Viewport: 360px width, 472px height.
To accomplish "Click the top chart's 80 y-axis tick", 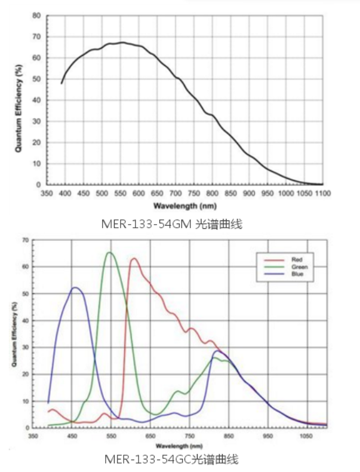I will pyautogui.click(x=36, y=16).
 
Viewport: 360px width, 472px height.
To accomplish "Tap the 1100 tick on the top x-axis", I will pyautogui.click(x=322, y=193).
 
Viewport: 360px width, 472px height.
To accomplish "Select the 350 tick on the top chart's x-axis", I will pyautogui.click(x=47, y=193).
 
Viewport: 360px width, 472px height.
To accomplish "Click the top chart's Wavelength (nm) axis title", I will pyautogui.click(x=184, y=205).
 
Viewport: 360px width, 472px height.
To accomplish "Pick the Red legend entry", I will pyautogui.click(x=297, y=259).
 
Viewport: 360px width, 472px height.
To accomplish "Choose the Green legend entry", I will pyautogui.click(x=299, y=266).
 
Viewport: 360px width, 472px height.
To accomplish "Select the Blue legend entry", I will pyautogui.click(x=297, y=274).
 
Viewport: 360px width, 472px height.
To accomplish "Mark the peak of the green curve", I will pyautogui.click(x=109, y=253).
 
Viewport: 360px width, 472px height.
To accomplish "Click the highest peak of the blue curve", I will pyautogui.click(x=75, y=287).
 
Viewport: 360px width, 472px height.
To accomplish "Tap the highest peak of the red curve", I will pyautogui.click(x=134, y=259).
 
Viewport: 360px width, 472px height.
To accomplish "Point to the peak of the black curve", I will pyautogui.click(x=122, y=42).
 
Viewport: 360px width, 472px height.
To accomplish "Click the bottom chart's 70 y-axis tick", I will pyautogui.click(x=26, y=240).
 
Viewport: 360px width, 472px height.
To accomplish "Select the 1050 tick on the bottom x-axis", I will pyautogui.click(x=306, y=437).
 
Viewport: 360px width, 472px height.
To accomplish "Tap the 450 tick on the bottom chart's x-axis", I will pyautogui.click(x=72, y=437).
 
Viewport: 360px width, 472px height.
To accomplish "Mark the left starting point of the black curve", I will pyautogui.click(x=61, y=83).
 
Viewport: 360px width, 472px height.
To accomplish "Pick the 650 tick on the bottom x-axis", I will pyautogui.click(x=150, y=437).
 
